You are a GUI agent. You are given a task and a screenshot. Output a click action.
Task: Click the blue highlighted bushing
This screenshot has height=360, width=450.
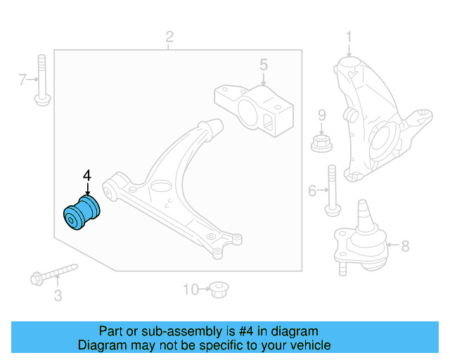tap(83, 213)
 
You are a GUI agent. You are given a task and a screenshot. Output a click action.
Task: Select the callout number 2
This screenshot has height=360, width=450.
tap(169, 37)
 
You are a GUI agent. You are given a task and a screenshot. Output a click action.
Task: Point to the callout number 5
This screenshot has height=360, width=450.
tap(263, 65)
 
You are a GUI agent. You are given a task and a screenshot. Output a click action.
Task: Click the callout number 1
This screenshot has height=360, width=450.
tap(349, 38)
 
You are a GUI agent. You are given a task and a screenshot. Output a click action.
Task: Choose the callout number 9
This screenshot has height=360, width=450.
tap(321, 115)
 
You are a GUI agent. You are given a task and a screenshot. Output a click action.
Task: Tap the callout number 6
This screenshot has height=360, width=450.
tap(312, 189)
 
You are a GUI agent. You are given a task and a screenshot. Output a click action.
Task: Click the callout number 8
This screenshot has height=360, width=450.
tap(404, 245)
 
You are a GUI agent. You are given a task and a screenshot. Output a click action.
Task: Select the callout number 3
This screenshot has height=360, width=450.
tap(58, 296)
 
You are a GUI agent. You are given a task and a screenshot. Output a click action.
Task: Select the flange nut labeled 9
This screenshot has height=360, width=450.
tap(321, 142)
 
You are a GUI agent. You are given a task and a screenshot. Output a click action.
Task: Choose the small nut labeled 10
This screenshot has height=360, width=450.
tap(221, 288)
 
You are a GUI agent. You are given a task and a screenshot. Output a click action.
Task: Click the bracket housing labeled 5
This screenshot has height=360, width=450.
tap(253, 109)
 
